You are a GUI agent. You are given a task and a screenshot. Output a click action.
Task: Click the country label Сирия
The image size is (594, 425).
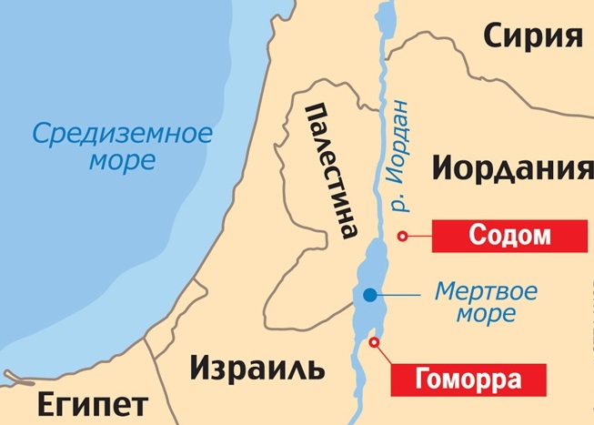pyautogui.click(x=531, y=37)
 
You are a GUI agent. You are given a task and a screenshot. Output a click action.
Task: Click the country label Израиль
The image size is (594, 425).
pyautogui.click(x=257, y=369)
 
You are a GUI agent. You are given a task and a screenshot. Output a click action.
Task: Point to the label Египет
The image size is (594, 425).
pyautogui.click(x=79, y=402)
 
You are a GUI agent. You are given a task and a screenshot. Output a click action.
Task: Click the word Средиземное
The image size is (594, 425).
pyautogui.click(x=122, y=135)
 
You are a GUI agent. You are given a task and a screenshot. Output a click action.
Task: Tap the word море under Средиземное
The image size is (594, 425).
pyautogui.click(x=123, y=162)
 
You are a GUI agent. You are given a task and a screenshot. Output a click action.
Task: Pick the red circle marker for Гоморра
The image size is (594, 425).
pyautogui.click(x=374, y=341)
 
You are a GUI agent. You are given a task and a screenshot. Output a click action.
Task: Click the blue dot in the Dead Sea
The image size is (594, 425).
pyautogui.click(x=369, y=295)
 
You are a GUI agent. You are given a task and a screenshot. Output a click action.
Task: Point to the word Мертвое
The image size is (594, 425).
pyautogui.click(x=485, y=293)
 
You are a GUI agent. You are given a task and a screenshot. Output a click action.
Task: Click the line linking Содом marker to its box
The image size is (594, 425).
pyautogui.click(x=418, y=237)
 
